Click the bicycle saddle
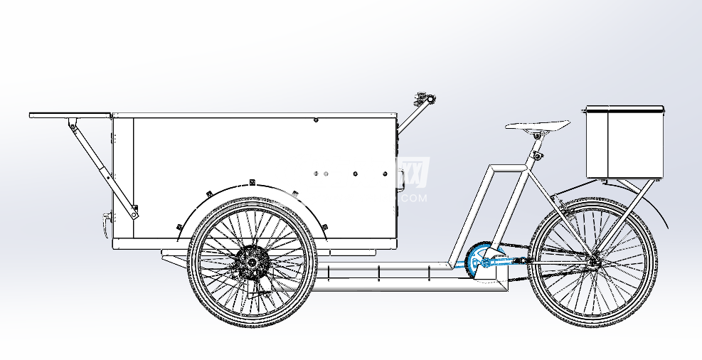point(537,126)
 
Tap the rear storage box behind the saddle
point(624,142)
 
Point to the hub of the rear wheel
point(592,262)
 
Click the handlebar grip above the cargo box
point(426,97)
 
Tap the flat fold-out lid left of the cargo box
point(71,114)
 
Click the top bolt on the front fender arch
point(252,184)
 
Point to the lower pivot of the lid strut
point(134,212)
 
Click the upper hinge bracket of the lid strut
point(71,126)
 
